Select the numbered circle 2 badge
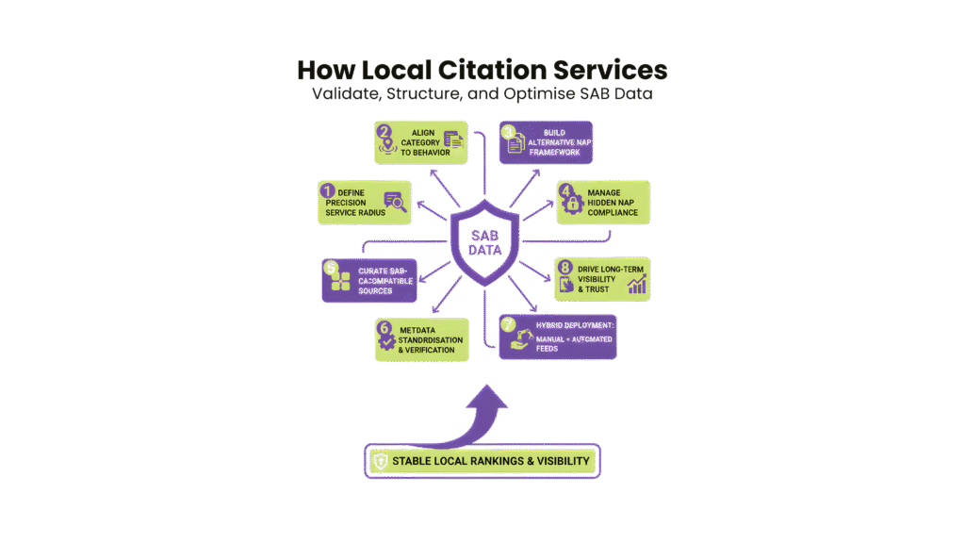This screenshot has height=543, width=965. [x=384, y=132]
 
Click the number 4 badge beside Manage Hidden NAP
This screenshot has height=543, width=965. [x=565, y=192]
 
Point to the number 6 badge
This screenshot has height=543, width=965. [x=384, y=329]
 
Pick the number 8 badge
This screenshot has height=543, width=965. [x=565, y=268]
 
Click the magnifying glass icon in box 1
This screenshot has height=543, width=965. [x=395, y=202]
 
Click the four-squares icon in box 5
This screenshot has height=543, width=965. [x=339, y=281]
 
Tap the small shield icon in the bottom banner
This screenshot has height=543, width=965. [x=380, y=461]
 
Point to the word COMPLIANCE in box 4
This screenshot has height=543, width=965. [x=613, y=212]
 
